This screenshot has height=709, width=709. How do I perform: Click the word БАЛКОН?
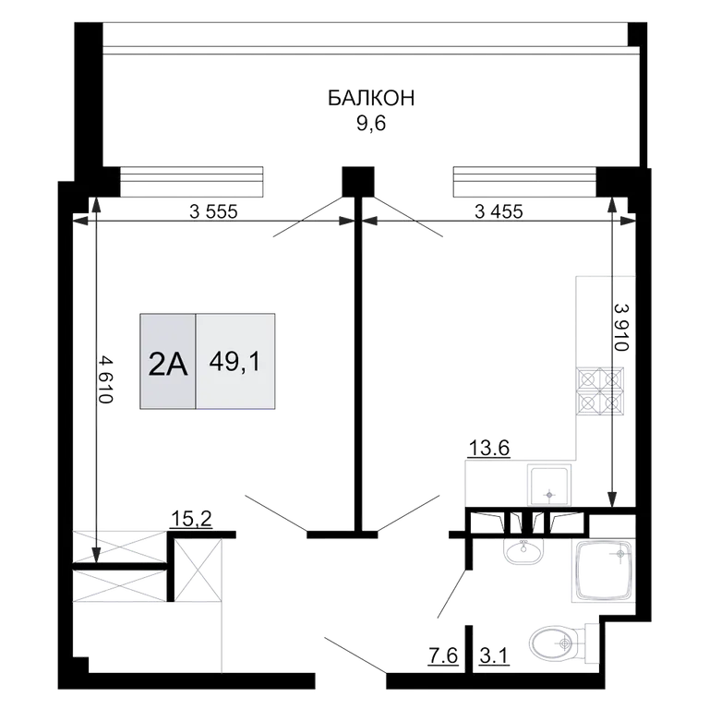click(371, 98)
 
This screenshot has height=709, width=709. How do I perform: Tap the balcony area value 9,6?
click(371, 124)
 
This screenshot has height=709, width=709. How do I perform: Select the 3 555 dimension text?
click(213, 211)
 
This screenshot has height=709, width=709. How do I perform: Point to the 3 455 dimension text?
click(499, 211)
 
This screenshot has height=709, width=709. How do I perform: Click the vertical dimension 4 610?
click(105, 379)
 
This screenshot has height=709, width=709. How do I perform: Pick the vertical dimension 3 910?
click(621, 327)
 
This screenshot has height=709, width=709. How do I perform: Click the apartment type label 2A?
click(168, 366)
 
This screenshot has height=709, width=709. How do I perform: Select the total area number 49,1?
click(234, 362)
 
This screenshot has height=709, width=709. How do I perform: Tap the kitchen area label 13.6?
click(489, 449)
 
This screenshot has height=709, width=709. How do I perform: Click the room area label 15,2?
click(191, 519)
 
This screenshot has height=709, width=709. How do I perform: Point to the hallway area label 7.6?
click(443, 655)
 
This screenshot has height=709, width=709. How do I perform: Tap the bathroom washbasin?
click(523, 551)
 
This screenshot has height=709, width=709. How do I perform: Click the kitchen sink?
click(549, 485)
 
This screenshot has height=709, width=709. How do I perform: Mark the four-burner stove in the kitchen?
click(600, 391)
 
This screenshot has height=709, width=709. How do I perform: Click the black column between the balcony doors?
click(358, 182)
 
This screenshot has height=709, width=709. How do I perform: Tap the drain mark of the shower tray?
click(620, 554)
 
